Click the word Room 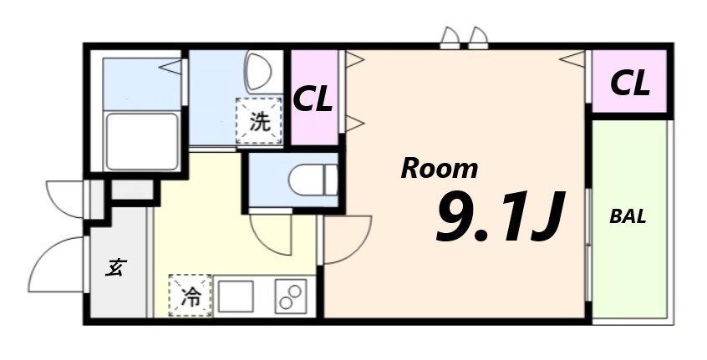click(440, 168)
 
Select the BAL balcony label click(628, 216)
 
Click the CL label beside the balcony click(630, 83)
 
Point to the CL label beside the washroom click(313, 99)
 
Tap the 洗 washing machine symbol click(260, 121)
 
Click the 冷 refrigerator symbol click(191, 296)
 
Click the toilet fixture click(309, 180)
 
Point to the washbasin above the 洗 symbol click(257, 71)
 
